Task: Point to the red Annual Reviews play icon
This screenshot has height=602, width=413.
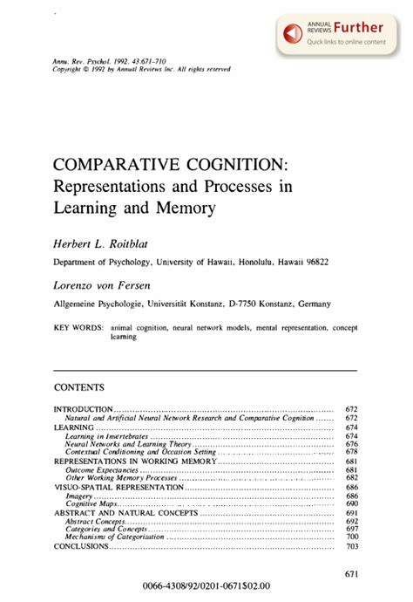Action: [293, 32]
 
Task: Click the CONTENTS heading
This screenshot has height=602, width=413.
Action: [79, 387]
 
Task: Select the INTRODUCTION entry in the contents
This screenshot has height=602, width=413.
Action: [84, 409]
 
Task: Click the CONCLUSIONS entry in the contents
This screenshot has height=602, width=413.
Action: [82, 546]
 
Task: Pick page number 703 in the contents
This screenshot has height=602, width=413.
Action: [352, 546]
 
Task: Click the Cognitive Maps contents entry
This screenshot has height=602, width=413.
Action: [92, 504]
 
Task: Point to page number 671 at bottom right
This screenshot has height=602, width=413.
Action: [352, 573]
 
